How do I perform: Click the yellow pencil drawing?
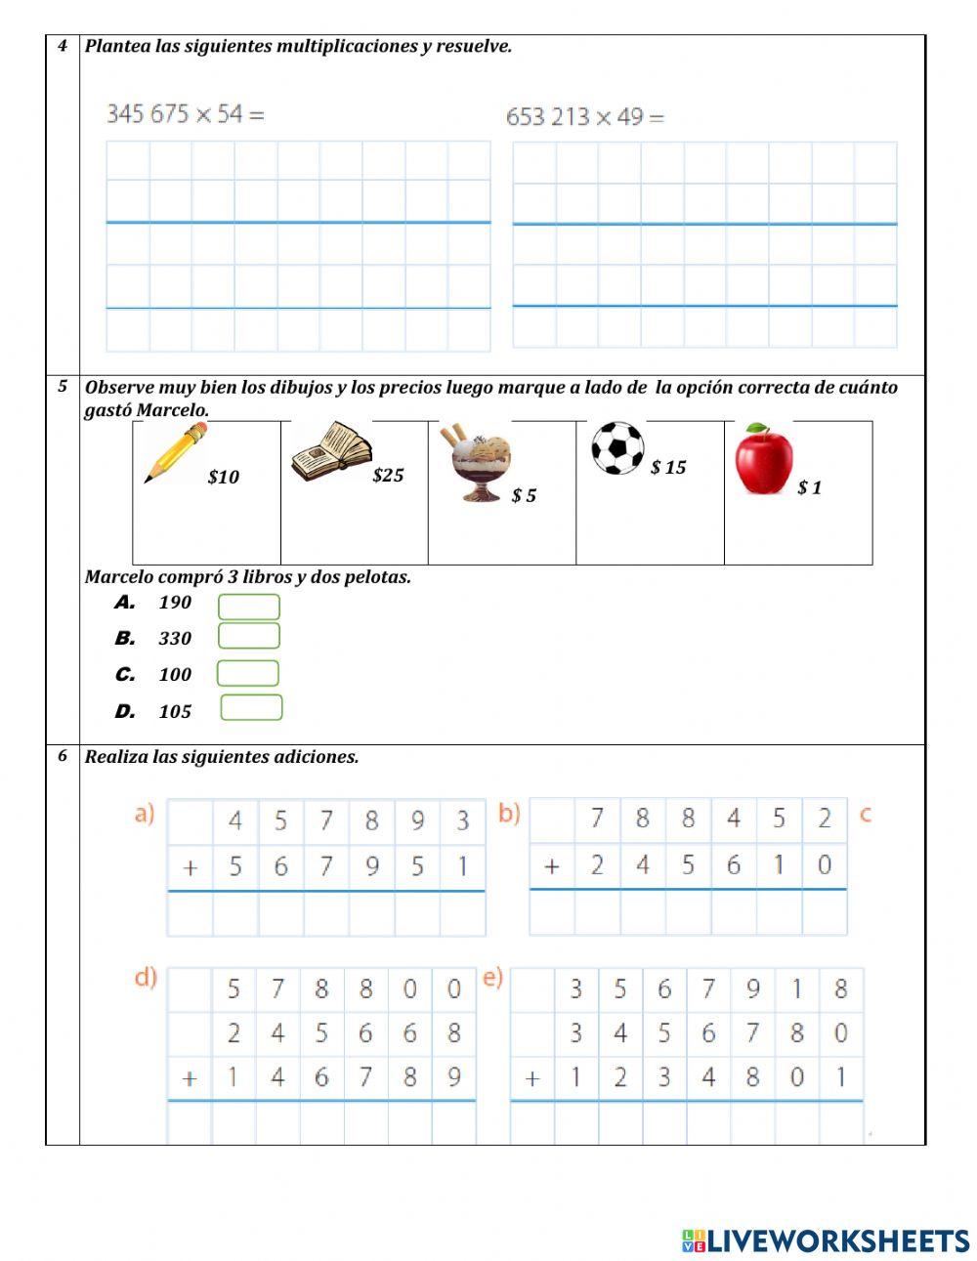(x=176, y=453)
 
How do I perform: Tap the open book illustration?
(x=331, y=452)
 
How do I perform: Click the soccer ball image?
(x=617, y=448)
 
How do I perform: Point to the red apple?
(x=763, y=460)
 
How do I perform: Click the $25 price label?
(x=388, y=476)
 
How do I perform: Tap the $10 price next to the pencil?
(x=223, y=478)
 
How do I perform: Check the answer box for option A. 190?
(x=249, y=608)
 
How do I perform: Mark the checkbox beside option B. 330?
(x=249, y=637)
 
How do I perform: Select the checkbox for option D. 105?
(x=251, y=708)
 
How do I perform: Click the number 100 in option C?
(x=175, y=675)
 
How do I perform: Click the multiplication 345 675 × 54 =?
(x=185, y=114)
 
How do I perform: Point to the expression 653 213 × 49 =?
(x=584, y=117)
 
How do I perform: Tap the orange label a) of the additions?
(x=145, y=815)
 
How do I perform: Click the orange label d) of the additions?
(x=146, y=978)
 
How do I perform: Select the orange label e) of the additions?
(x=492, y=978)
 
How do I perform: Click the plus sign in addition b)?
(x=552, y=866)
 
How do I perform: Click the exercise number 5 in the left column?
(x=63, y=386)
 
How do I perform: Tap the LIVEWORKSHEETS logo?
(x=825, y=1240)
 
